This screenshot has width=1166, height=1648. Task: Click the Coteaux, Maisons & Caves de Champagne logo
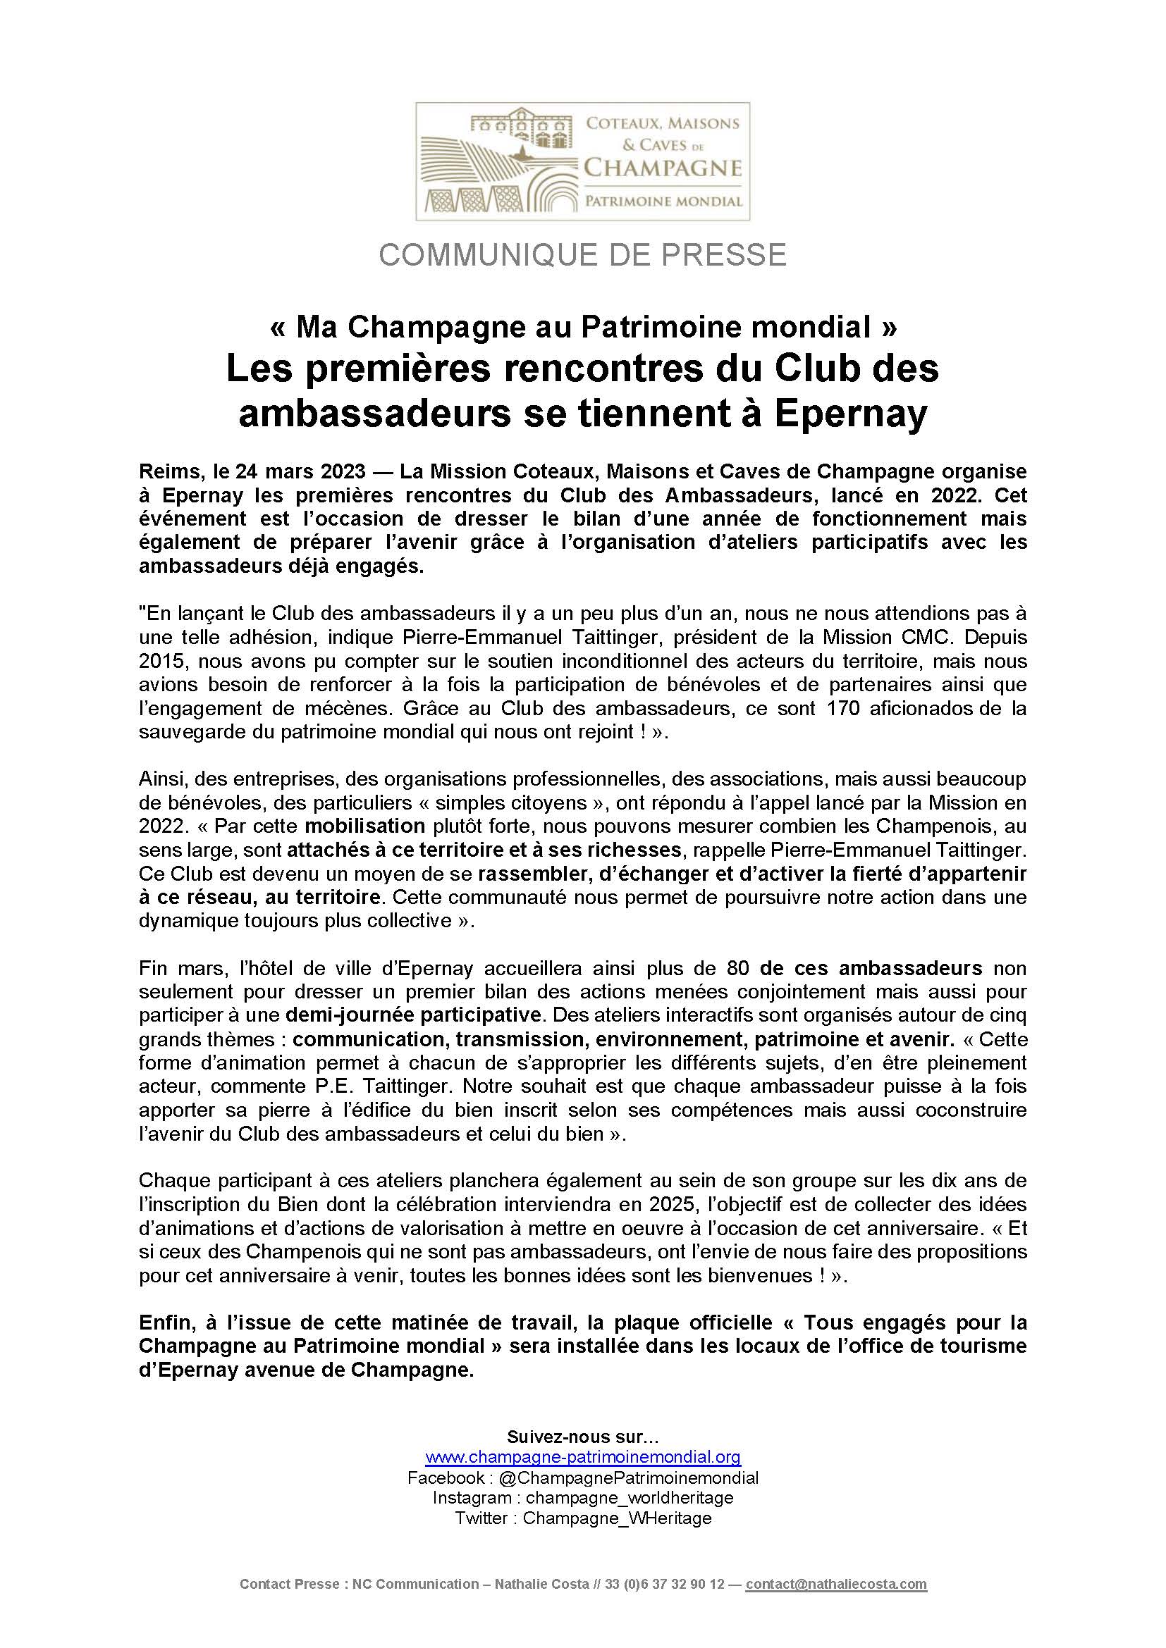tap(582, 161)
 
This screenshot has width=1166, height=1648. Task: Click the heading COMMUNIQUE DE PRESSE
tap(582, 256)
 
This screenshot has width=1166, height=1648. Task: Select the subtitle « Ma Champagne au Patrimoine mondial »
tap(582, 328)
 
